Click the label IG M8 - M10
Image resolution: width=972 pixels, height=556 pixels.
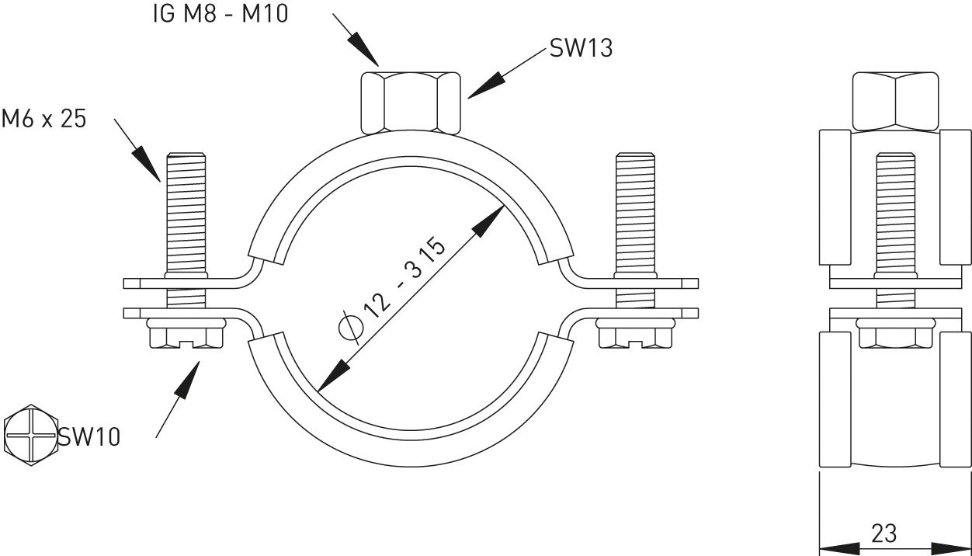220,13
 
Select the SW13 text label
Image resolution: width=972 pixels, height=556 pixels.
581,48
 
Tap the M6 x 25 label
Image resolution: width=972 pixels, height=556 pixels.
43,119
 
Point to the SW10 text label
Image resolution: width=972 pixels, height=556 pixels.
89,436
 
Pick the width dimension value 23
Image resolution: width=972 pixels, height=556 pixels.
884,533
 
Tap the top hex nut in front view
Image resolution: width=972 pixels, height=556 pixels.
410,102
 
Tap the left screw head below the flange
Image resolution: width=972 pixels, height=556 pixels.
185,335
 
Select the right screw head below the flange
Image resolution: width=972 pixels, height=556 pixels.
635,335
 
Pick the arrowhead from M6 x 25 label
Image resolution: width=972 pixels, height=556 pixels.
149,166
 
